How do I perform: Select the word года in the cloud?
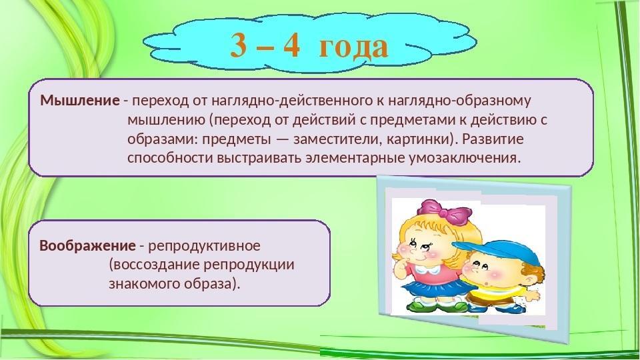[353, 46]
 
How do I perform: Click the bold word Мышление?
[80, 101]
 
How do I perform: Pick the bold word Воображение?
[87, 246]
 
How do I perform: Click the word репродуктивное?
[204, 246]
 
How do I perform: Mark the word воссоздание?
[154, 265]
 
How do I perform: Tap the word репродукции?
[249, 265]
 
